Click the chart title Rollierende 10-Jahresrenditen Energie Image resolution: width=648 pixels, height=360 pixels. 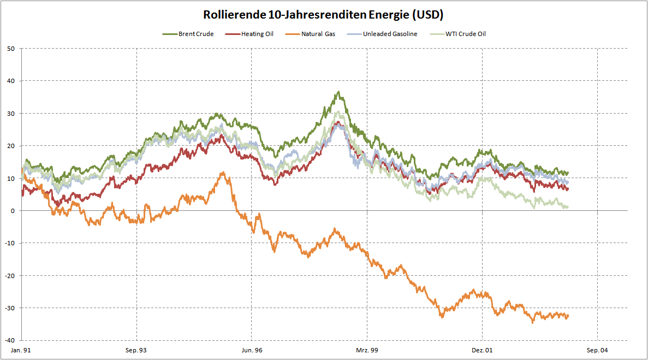tap(323, 14)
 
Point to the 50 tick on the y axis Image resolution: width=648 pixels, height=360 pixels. tap(11, 49)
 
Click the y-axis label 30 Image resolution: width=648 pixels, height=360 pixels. tap(11, 114)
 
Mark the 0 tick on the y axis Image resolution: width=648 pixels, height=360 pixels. tap(13, 211)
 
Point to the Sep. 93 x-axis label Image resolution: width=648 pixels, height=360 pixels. tap(136, 350)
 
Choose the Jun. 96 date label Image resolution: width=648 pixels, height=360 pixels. tap(252, 350)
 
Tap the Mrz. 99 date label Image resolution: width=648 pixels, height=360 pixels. tap(367, 350)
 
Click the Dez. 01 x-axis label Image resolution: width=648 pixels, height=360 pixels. tap(482, 350)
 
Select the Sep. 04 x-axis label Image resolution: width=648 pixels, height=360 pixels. tap(597, 350)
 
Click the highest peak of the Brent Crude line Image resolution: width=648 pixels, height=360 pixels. tap(339, 92)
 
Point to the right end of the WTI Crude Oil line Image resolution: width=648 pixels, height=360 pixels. tap(568, 207)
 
